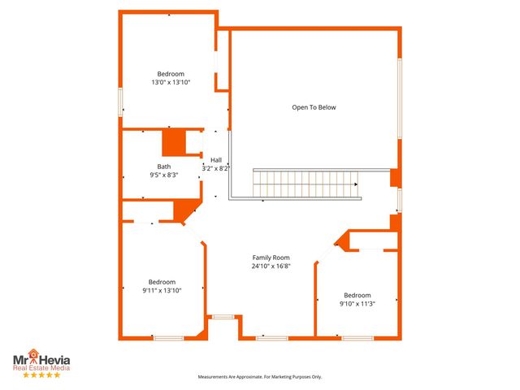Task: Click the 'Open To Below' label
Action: tap(314, 107)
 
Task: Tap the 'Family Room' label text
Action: tap(271, 257)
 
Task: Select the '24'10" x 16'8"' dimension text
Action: tap(271, 266)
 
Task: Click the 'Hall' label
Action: tap(216, 159)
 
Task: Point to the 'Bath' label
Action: tap(164, 167)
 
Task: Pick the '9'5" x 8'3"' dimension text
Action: tap(164, 175)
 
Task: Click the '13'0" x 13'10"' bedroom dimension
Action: tap(171, 82)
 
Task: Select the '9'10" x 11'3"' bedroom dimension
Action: tap(357, 304)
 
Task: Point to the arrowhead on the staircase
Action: tap(355, 184)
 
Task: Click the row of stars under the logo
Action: tap(41, 375)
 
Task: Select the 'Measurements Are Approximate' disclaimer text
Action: tap(261, 377)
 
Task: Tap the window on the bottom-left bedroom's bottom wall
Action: tap(168, 337)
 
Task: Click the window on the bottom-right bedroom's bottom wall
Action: tap(357, 337)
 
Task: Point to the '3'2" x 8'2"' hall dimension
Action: tap(216, 168)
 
